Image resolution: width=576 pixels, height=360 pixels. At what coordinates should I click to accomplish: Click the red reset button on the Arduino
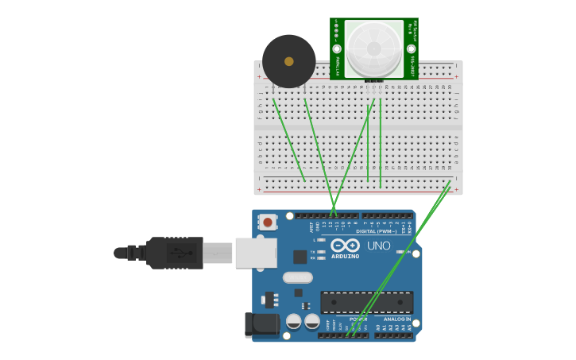pyautogui.click(x=268, y=223)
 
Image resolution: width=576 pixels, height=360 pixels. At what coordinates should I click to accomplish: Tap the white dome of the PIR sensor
pyautogui.click(x=373, y=48)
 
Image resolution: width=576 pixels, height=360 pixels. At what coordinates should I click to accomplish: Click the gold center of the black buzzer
pyautogui.click(x=289, y=61)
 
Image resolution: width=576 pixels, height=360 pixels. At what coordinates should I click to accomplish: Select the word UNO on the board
pyautogui.click(x=379, y=246)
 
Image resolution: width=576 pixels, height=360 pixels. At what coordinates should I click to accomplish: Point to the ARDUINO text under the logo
pyautogui.click(x=346, y=257)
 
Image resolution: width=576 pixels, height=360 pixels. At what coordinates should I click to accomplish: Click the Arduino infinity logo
pyautogui.click(x=346, y=246)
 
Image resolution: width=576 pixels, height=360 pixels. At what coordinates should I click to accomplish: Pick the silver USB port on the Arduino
pyautogui.click(x=256, y=253)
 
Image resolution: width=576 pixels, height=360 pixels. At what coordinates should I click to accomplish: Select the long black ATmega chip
pyautogui.click(x=366, y=302)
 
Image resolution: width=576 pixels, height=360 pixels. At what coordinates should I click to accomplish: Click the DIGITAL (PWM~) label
pyautogui.click(x=377, y=231)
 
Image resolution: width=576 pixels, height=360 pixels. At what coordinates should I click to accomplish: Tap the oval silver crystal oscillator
pyautogui.click(x=298, y=277)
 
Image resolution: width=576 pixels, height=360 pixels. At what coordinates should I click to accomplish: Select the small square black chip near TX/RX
pyautogui.click(x=300, y=257)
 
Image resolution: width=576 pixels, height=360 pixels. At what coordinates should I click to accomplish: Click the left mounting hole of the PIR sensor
pyautogui.click(x=337, y=48)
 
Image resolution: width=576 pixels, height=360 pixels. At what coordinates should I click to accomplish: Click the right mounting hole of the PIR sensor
pyautogui.click(x=411, y=48)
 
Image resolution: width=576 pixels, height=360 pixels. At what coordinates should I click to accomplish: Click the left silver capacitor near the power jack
pyautogui.click(x=294, y=321)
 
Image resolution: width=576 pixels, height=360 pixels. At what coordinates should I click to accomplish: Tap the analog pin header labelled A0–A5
pyautogui.click(x=394, y=335)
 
